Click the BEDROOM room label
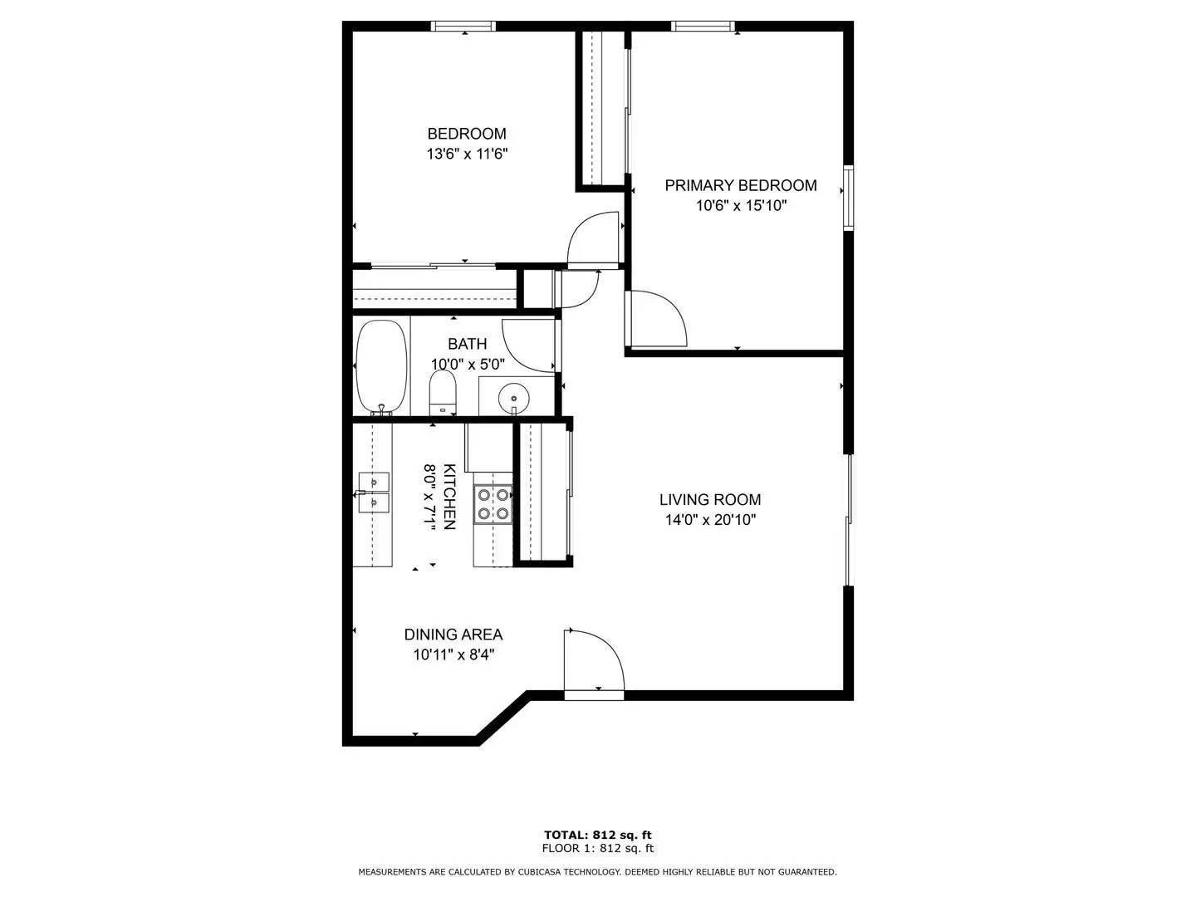tap(466, 134)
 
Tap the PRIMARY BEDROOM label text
tap(740, 185)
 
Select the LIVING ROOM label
tap(709, 499)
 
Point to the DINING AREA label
tap(453, 635)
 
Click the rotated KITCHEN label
tap(448, 496)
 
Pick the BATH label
tap(467, 344)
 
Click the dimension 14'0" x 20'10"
tap(709, 521)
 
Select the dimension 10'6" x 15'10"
tap(741, 206)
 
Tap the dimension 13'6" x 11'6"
tap(466, 154)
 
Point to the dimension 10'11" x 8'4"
tap(453, 654)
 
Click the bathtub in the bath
tap(381, 366)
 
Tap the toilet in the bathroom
tap(443, 391)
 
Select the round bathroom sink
tap(515, 397)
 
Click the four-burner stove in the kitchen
tap(493, 504)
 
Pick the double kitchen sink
tap(373, 492)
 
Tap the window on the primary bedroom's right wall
tap(848, 197)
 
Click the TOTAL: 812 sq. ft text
tap(597, 835)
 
